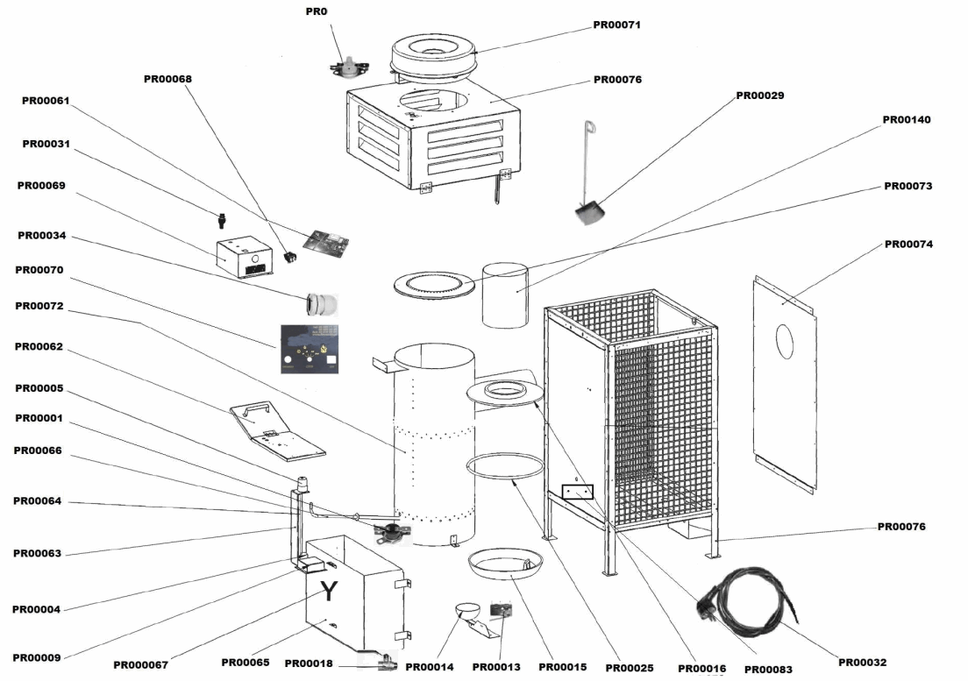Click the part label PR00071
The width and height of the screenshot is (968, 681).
[x=616, y=25]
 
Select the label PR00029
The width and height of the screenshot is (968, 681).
[x=759, y=95]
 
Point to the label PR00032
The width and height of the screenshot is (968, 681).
[x=863, y=662]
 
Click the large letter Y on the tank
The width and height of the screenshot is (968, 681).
[x=328, y=592]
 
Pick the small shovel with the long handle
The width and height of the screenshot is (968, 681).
[x=587, y=209]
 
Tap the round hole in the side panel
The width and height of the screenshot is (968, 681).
[x=785, y=340]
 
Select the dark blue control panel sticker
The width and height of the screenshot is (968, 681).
[x=309, y=350]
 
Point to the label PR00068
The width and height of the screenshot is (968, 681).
[x=167, y=79]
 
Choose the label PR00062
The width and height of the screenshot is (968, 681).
[x=39, y=346]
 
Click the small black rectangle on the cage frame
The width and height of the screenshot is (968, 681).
[x=577, y=493]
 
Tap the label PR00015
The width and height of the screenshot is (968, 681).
[x=562, y=667]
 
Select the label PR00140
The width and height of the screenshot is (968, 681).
[x=906, y=119]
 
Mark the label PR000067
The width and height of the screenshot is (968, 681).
[x=140, y=664]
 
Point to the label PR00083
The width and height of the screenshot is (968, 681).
[x=767, y=669]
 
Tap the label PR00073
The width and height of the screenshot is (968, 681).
[x=907, y=186]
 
